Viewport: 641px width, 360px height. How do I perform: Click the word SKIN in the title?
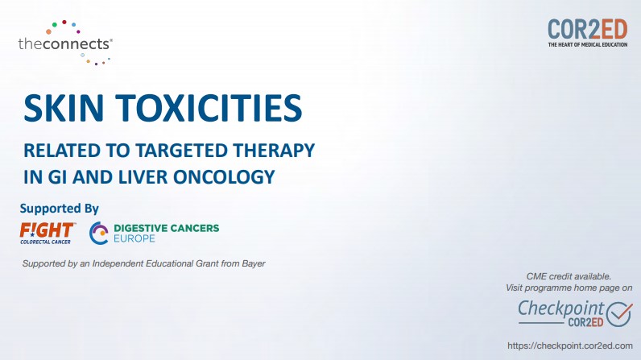click(64, 108)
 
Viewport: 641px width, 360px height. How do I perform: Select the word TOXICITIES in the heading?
click(209, 108)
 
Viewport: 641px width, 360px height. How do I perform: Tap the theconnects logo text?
click(65, 43)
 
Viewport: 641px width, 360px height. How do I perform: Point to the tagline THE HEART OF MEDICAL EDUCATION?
click(587, 44)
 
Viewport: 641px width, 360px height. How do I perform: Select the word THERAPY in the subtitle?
click(275, 151)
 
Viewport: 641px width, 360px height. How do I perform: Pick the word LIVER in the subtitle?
click(143, 177)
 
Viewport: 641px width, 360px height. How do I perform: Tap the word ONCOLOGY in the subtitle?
click(224, 177)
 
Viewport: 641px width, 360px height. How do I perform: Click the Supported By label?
click(60, 209)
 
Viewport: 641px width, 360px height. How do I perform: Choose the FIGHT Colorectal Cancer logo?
click(47, 234)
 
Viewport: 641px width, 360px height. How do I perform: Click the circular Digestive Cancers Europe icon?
click(99, 234)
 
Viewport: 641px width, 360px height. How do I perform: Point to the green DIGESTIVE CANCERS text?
click(167, 228)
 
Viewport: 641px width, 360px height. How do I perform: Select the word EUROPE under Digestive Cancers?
click(134, 238)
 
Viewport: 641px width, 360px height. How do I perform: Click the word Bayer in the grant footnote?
click(254, 263)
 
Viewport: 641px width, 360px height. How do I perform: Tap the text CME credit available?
click(569, 276)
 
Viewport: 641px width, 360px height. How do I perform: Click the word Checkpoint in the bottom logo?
click(560, 308)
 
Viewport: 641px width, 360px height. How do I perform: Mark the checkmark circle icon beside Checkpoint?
click(619, 314)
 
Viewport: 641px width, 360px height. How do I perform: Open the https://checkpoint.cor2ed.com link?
click(570, 346)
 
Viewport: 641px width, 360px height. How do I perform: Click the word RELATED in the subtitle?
click(62, 151)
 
